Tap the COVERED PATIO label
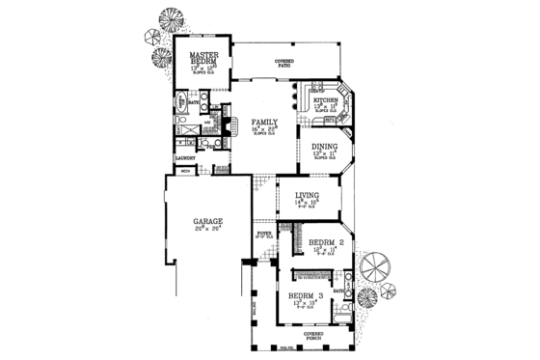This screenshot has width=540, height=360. pyautogui.click(x=283, y=62)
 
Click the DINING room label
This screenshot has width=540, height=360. pyautogui.click(x=323, y=147)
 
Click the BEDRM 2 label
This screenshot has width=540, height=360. pyautogui.click(x=327, y=242)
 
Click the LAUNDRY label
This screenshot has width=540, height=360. pyautogui.click(x=185, y=158)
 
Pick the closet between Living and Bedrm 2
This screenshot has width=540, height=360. pyautogui.click(x=298, y=235)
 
